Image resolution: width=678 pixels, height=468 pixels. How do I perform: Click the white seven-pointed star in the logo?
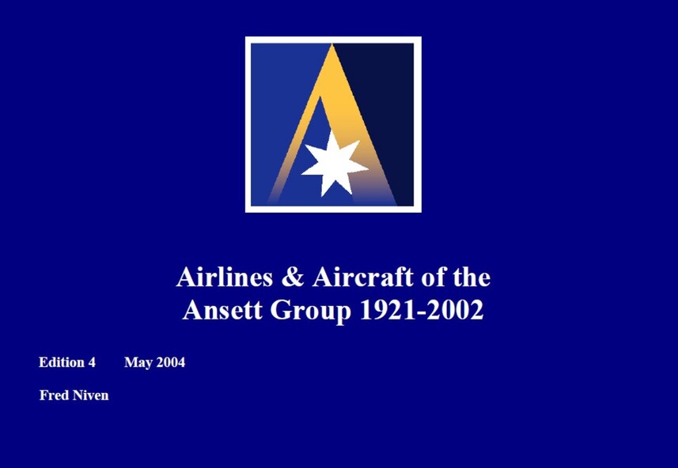tap(334, 164)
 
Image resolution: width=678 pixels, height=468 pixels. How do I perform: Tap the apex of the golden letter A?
tap(331, 44)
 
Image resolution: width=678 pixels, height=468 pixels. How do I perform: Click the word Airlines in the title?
tap(225, 277)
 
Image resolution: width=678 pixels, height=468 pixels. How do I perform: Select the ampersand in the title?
tap(293, 277)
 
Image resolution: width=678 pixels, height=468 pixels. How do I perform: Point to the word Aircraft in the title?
tap(363, 277)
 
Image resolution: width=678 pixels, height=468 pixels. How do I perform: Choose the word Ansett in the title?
tap(222, 310)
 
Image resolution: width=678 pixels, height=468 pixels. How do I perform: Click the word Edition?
tap(61, 362)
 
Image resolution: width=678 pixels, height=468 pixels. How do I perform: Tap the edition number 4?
tap(92, 362)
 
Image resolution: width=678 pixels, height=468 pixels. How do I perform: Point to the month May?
tap(138, 363)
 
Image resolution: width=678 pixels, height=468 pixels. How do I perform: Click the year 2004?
tap(171, 362)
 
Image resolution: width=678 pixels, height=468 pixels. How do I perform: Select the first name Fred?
tap(54, 395)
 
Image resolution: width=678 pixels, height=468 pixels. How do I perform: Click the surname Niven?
tap(91, 395)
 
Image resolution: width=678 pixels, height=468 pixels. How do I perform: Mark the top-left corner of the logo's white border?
tap(245, 36)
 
